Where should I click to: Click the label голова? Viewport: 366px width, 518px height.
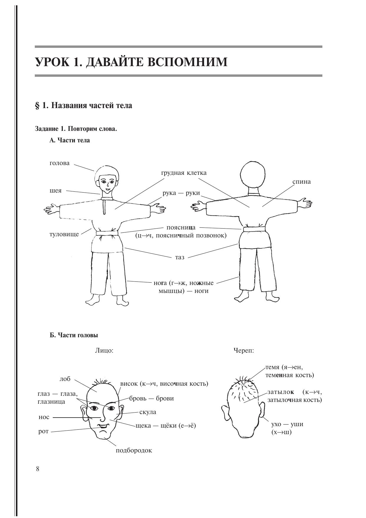[x=60, y=163]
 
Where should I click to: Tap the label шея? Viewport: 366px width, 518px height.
[x=55, y=190]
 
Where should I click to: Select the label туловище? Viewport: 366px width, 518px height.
[x=64, y=234]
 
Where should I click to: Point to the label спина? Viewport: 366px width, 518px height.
[x=301, y=182]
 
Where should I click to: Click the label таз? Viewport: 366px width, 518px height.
[x=180, y=257]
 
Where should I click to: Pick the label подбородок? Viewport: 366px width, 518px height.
[x=134, y=450]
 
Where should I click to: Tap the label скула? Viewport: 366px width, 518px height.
[x=147, y=412]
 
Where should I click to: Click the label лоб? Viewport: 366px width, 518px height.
[x=65, y=379]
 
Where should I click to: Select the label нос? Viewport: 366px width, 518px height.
[x=44, y=417]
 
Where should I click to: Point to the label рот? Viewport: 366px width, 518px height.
[x=43, y=431]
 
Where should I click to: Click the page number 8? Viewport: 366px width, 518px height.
[x=37, y=469]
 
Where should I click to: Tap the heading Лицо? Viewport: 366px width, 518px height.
[x=104, y=351]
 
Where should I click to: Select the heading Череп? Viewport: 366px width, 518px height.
[x=244, y=351]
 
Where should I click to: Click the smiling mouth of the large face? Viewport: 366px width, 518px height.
[x=103, y=426]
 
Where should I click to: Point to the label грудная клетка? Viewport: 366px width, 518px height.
[x=184, y=173]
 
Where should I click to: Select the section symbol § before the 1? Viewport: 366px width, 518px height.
[x=37, y=105]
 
